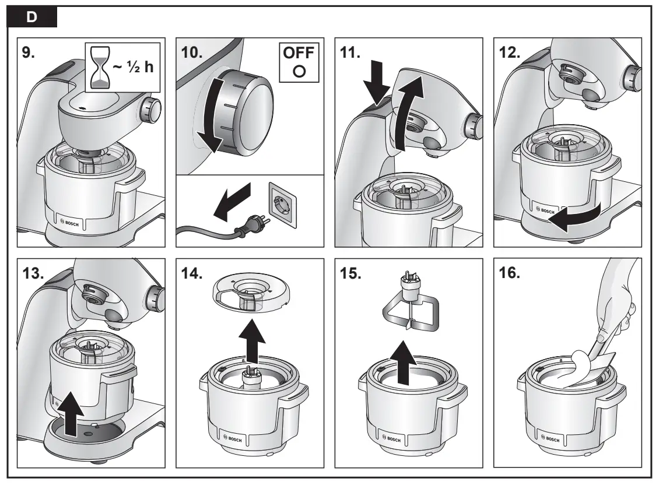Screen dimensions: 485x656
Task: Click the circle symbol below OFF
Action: (x=297, y=73)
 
